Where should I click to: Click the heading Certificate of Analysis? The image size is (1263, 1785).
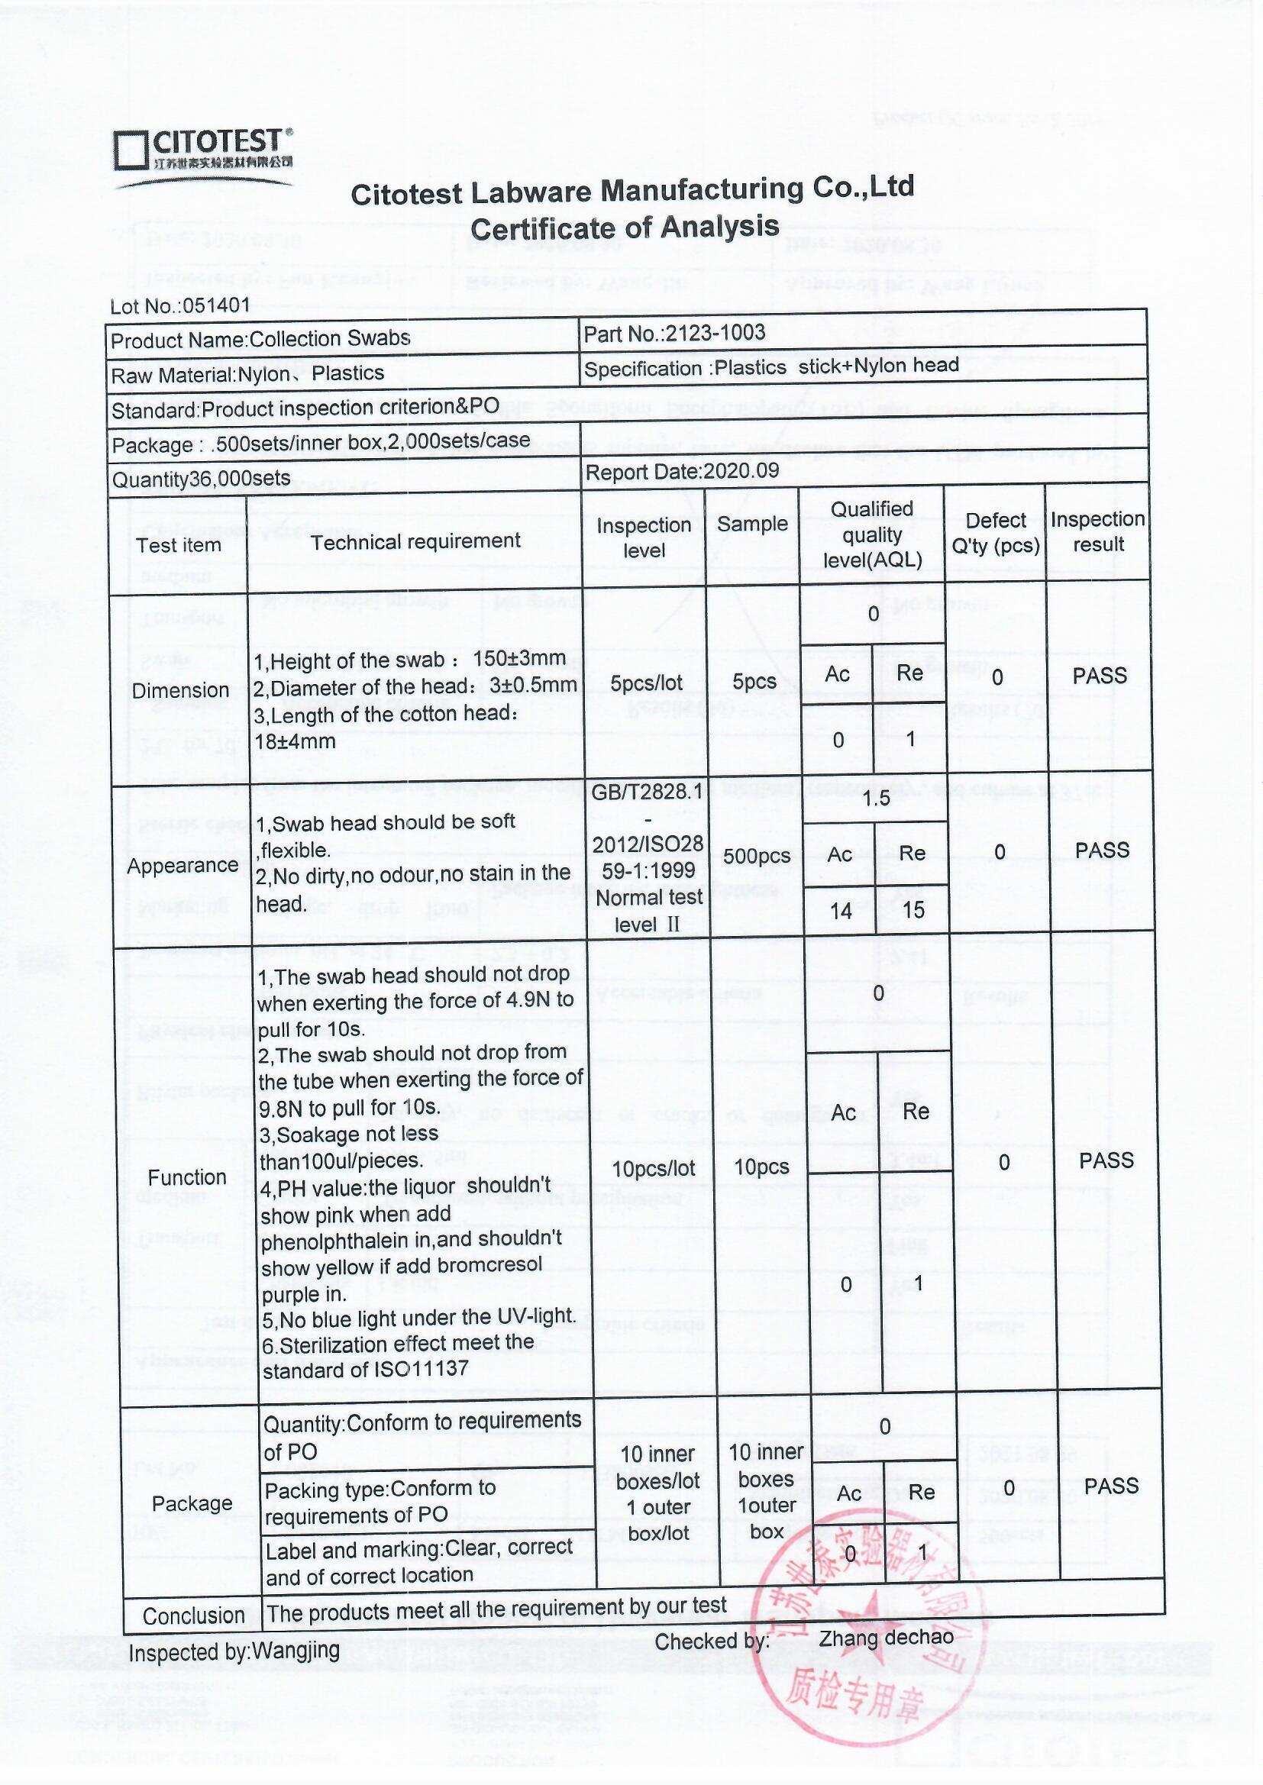coord(625,228)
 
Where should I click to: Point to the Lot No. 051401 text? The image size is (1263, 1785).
coord(180,305)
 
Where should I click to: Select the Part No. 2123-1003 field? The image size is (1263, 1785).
coord(674,334)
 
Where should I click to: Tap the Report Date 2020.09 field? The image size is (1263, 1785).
coord(681,472)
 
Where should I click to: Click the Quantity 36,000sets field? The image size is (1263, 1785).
coord(201,479)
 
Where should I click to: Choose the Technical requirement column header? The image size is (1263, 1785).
coord(415,541)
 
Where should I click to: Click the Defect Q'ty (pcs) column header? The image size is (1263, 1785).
coord(996,533)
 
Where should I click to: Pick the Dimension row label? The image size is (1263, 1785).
coord(180,690)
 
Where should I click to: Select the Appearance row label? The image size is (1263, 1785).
coord(183,865)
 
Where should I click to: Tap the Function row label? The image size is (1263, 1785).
coord(186,1177)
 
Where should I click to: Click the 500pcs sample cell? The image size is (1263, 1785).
coord(756,856)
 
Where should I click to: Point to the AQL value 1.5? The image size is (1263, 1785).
coord(877,799)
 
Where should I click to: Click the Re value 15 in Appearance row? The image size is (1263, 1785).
coord(914,909)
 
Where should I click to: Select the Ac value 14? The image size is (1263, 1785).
coord(841,910)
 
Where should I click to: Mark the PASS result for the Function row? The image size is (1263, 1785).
coord(1106,1160)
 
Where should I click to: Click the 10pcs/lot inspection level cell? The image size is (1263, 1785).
coord(654,1168)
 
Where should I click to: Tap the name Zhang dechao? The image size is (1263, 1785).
coord(886,1638)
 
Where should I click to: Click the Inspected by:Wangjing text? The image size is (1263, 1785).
coord(234,1651)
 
